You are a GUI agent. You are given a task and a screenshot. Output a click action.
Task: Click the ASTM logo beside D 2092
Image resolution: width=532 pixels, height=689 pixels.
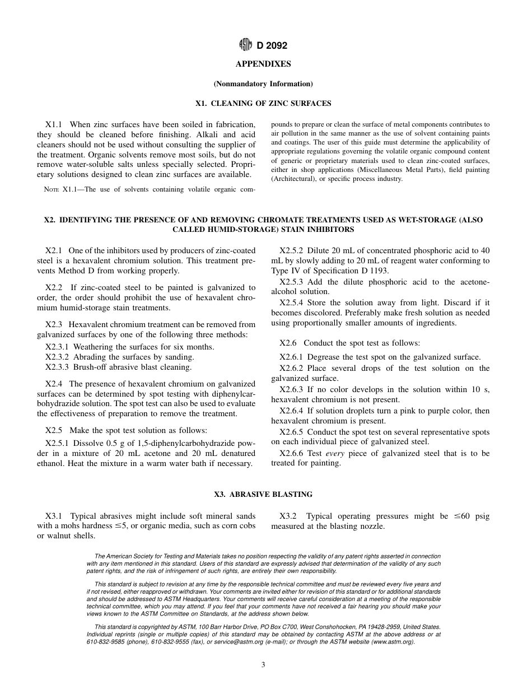point(245,45)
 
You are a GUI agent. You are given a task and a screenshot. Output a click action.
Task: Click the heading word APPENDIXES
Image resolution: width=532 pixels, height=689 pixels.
point(263,64)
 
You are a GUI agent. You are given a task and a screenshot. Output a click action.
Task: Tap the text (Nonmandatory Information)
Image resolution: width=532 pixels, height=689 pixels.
point(263,84)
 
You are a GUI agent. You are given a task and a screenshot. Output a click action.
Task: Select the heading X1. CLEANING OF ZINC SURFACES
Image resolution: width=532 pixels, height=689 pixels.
point(263,104)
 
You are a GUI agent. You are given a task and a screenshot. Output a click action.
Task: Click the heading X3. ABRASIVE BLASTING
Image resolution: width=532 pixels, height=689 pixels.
point(263,495)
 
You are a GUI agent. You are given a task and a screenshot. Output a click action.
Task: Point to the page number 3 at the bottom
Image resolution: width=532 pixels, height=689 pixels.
point(263,665)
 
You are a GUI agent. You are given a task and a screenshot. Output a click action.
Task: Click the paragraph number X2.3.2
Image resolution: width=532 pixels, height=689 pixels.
point(57,357)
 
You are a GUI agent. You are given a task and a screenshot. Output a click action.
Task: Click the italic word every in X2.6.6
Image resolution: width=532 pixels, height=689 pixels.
point(334,453)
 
